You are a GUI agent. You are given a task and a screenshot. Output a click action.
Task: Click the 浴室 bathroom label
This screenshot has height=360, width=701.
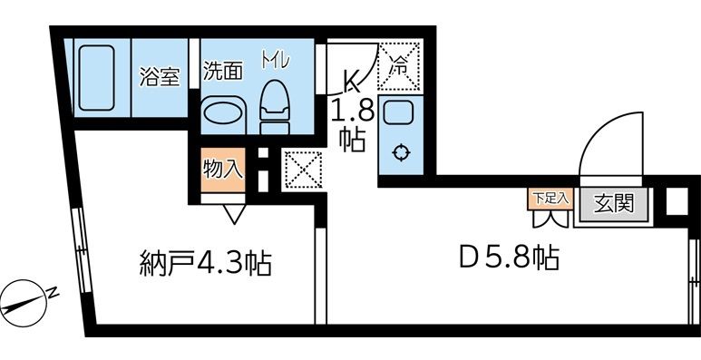coord(160,77)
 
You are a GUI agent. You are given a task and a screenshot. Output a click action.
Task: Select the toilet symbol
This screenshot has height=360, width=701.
coord(273,105)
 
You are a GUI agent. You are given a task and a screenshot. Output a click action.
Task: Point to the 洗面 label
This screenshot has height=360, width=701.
coord(222,72)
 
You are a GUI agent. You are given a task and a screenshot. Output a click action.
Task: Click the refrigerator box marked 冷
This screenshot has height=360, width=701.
coord(397,66)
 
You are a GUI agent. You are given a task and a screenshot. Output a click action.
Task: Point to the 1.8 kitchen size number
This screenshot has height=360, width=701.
coord(349,116)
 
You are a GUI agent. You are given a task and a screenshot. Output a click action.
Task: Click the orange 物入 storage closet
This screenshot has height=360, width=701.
coord(222,170)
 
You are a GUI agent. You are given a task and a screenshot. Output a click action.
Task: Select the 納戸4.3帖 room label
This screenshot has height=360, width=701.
coord(207,264)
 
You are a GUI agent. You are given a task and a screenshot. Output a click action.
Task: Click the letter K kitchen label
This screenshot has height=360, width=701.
coord(349,83)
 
